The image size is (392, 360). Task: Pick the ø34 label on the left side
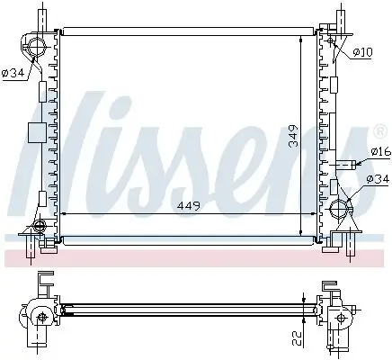13,73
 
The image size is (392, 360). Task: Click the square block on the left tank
36,133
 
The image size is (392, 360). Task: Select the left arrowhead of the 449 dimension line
63,213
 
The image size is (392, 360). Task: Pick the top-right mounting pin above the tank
343,16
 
